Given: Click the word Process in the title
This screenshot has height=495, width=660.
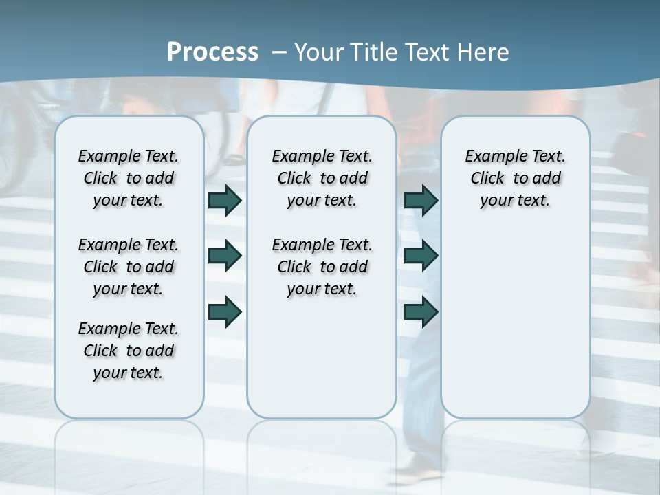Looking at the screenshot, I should coord(212,52).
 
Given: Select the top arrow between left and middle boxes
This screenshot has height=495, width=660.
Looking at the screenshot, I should coord(225,200).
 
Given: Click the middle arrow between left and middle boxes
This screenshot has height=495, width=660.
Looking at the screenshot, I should coord(225,256).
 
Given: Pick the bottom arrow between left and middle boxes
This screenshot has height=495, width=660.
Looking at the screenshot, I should coord(225,312).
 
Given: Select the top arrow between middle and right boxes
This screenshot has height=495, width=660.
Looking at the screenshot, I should coord(421,200).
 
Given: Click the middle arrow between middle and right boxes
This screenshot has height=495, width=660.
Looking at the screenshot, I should coord(421,256).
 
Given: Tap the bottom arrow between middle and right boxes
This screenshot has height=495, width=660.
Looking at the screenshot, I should coord(421,312).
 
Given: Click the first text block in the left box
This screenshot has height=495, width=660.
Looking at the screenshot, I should coord(129,178).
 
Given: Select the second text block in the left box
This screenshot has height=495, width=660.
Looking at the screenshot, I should coord(129,267).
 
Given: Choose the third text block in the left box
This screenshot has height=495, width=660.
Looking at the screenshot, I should coord(129,351).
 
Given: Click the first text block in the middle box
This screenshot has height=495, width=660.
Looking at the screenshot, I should coord(322,178).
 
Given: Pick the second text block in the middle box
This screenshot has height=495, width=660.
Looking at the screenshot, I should coord(322,267).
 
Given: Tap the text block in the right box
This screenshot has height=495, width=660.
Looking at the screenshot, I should coord(515,178).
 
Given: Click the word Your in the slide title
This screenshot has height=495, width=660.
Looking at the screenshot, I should coord(318,52).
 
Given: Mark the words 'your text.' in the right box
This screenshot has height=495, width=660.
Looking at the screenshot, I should coord(515,201).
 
